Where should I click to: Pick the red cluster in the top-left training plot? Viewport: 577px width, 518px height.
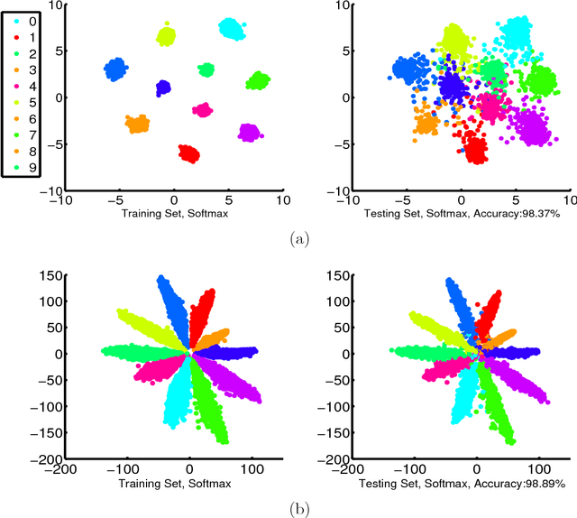click(188, 153)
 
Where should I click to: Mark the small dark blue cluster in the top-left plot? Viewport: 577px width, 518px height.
click(163, 88)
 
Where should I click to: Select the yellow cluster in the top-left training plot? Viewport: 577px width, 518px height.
click(166, 36)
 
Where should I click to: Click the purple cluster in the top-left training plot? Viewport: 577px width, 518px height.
click(250, 133)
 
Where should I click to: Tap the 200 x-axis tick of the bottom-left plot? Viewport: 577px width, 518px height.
click(281, 469)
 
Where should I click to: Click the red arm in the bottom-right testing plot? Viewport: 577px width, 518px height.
click(490, 311)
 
